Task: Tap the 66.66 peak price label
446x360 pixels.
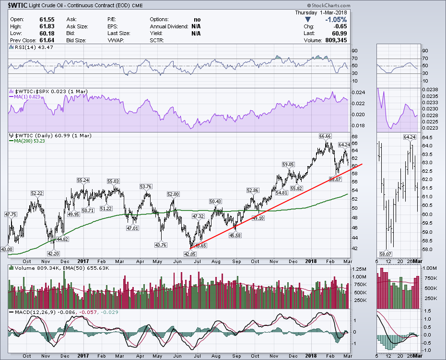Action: point(325,137)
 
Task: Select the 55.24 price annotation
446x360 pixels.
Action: point(83,180)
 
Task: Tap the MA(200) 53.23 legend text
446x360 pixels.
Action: point(32,141)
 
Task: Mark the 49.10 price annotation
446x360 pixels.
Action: point(259,218)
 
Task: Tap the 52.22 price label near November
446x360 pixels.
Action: point(37,193)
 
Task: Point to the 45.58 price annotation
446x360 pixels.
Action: point(235,235)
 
